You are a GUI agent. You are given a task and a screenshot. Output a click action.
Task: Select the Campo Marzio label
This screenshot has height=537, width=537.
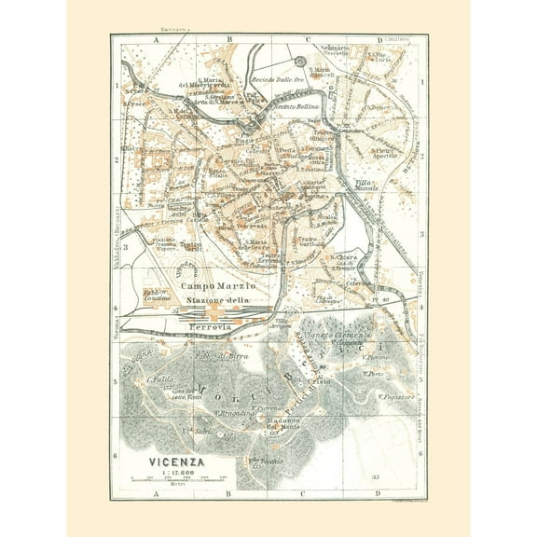coord(213,285)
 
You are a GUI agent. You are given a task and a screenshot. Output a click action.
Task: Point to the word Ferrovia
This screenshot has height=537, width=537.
coord(217,328)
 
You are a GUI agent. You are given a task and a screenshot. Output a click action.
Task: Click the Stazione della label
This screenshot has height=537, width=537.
coord(221,298)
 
